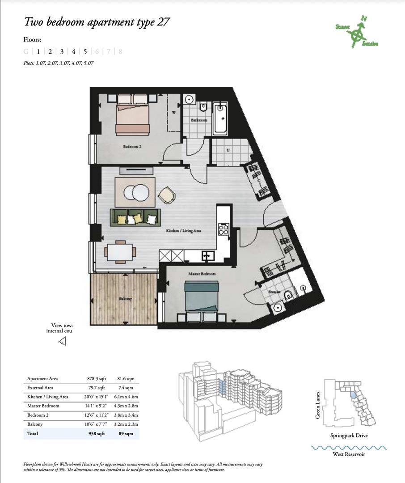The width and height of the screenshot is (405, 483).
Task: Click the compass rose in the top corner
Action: point(357,34)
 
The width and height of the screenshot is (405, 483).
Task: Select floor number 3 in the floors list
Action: point(62,51)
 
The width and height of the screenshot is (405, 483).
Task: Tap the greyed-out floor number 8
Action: point(120,51)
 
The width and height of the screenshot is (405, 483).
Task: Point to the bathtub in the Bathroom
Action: point(220,119)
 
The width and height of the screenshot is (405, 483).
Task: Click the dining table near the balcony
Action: point(121,251)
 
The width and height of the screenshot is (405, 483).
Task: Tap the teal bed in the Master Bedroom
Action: point(201,297)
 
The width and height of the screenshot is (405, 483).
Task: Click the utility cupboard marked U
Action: point(228,151)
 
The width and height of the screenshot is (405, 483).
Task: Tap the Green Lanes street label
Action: point(318,405)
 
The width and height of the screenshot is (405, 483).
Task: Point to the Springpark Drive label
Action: point(349,435)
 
